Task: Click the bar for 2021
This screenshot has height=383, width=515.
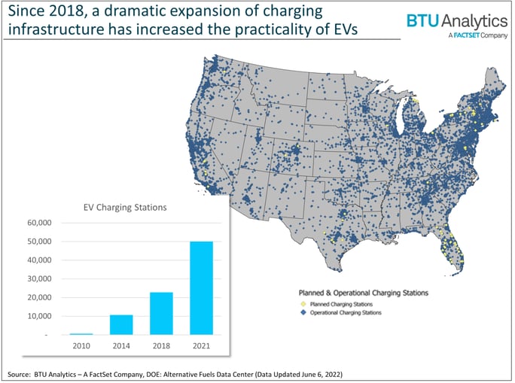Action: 201,287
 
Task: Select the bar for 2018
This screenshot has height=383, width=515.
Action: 162,313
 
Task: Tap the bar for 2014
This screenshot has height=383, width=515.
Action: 122,324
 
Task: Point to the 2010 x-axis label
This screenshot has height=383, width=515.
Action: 81,345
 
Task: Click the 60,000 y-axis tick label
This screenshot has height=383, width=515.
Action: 38,223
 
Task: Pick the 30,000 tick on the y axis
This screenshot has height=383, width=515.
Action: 38,279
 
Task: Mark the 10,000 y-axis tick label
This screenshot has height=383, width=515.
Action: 38,316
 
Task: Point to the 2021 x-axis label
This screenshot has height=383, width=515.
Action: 201,345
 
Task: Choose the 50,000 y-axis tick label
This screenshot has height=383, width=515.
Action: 38,242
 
